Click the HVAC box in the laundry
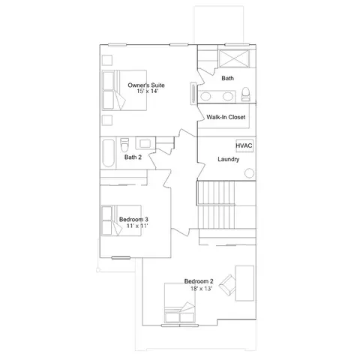244,145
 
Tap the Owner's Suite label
146,85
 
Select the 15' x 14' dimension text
148,91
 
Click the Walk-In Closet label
226,117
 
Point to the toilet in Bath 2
124,144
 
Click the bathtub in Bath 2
109,153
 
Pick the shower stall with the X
234,58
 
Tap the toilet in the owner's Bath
246,94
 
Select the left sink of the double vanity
205,96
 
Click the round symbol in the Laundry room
249,173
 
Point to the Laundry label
228,159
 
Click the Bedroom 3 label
133,219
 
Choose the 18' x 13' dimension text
201,289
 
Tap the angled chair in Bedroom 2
228,285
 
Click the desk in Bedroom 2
244,283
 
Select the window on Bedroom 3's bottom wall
121,258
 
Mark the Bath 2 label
133,157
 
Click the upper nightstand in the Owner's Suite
107,60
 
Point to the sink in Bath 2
145,143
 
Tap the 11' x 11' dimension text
137,226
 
